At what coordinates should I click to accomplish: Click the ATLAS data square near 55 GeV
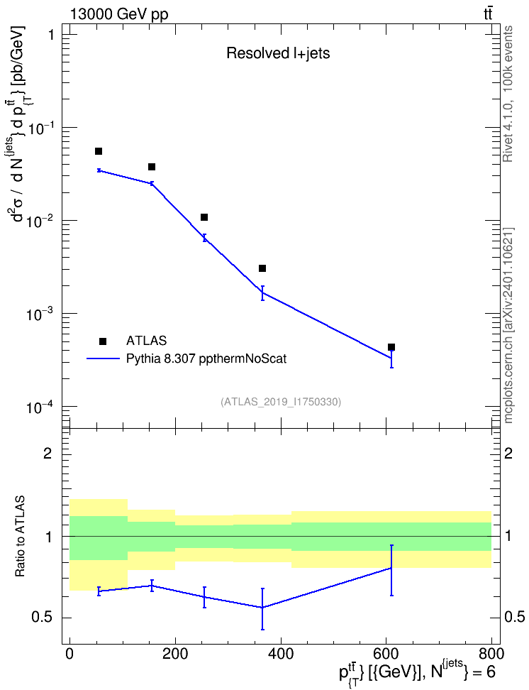pos(99,151)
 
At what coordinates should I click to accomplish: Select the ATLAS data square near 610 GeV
pos(391,347)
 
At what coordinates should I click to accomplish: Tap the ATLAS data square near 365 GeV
pos(262,268)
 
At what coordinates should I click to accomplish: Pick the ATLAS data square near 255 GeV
pos(204,217)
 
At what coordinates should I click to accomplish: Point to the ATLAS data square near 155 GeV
pos(152,167)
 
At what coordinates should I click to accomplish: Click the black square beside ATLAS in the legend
pos(103,341)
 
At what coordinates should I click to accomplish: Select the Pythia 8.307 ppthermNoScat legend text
pos(206,359)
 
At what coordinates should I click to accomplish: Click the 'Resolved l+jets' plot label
pos(278,53)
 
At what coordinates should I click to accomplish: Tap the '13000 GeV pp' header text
pos(118,14)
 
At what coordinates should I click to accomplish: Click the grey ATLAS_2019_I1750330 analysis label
pos(281,402)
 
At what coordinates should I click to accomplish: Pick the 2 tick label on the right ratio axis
pos(508,454)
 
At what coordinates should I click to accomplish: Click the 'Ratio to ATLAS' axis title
pos(20,537)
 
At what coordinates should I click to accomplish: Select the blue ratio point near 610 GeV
pos(391,568)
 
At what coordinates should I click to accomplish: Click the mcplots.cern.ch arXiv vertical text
pos(508,326)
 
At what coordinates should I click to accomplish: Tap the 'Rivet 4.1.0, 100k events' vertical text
pos(508,94)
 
